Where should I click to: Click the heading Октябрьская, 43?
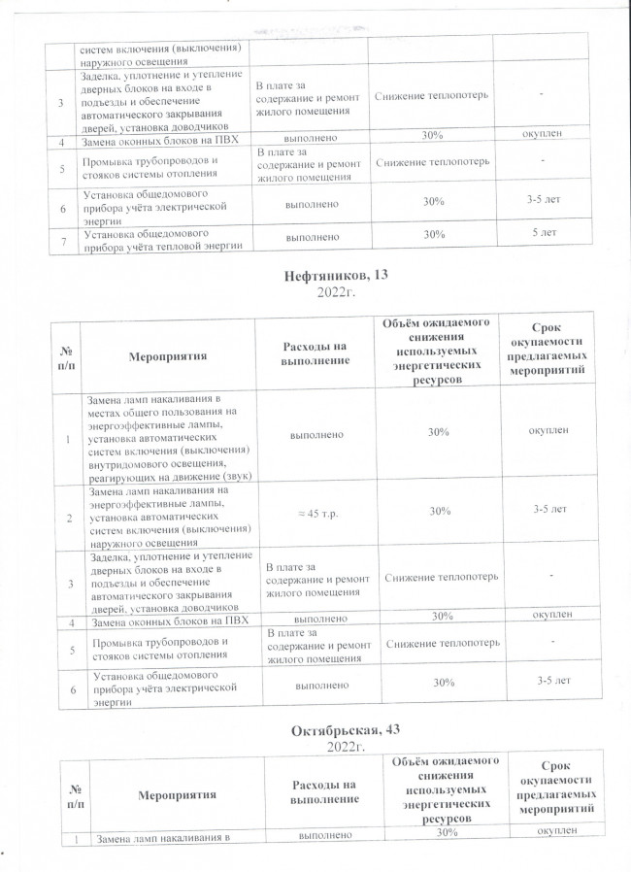[332, 730]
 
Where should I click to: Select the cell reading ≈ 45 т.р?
[311, 511]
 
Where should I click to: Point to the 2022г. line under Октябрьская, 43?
[333, 746]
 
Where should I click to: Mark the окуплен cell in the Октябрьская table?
[549, 832]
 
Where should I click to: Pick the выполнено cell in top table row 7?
[311, 236]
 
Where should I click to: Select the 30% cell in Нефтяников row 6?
[438, 685]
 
